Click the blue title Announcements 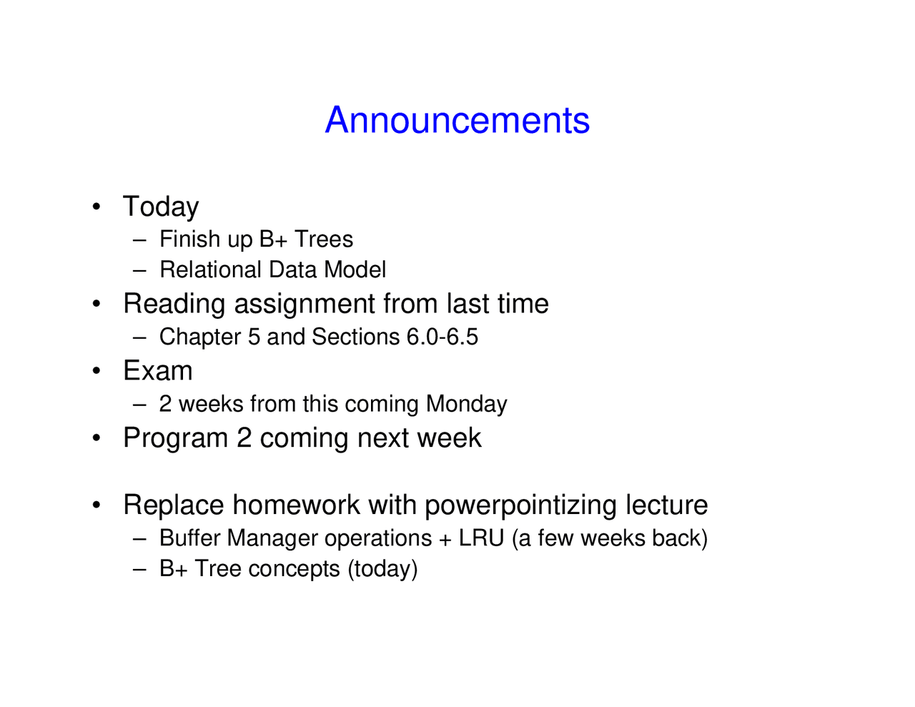click(457, 120)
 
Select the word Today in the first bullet click(160, 207)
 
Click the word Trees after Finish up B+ click(323, 239)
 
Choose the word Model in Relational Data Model click(355, 269)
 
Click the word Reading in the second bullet click(174, 304)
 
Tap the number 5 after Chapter click(254, 337)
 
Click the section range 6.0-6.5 click(442, 337)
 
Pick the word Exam click(157, 370)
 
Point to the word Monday click(466, 404)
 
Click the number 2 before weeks click(165, 403)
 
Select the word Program click(175, 438)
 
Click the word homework click(296, 505)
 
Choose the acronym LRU click(481, 538)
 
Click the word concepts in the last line click(294, 570)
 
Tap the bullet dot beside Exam click(97, 371)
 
